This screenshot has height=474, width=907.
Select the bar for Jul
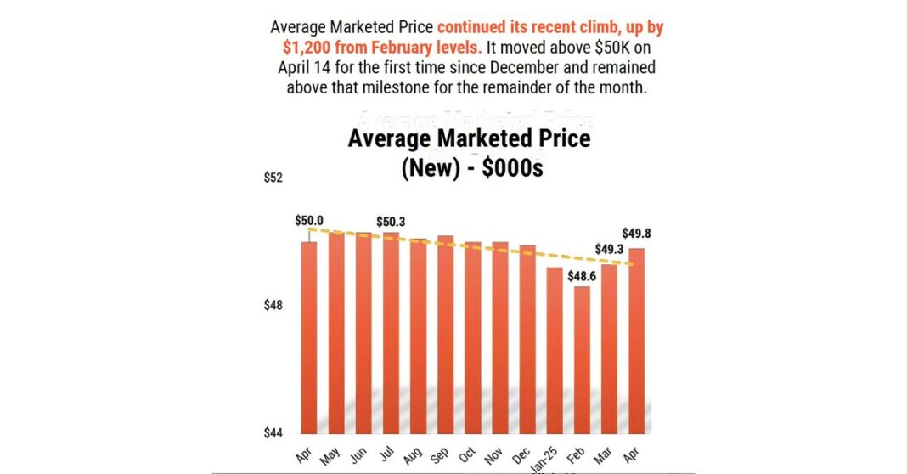pos(391,332)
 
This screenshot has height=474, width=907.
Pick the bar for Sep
pos(445,334)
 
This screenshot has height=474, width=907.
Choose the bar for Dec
pos(527,338)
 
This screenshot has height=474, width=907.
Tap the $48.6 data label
pos(583,275)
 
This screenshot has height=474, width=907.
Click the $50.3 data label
pos(392,222)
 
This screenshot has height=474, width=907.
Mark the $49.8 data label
pos(636,234)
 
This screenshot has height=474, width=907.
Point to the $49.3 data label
pos(610,250)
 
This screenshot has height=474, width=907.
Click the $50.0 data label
pos(309,220)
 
